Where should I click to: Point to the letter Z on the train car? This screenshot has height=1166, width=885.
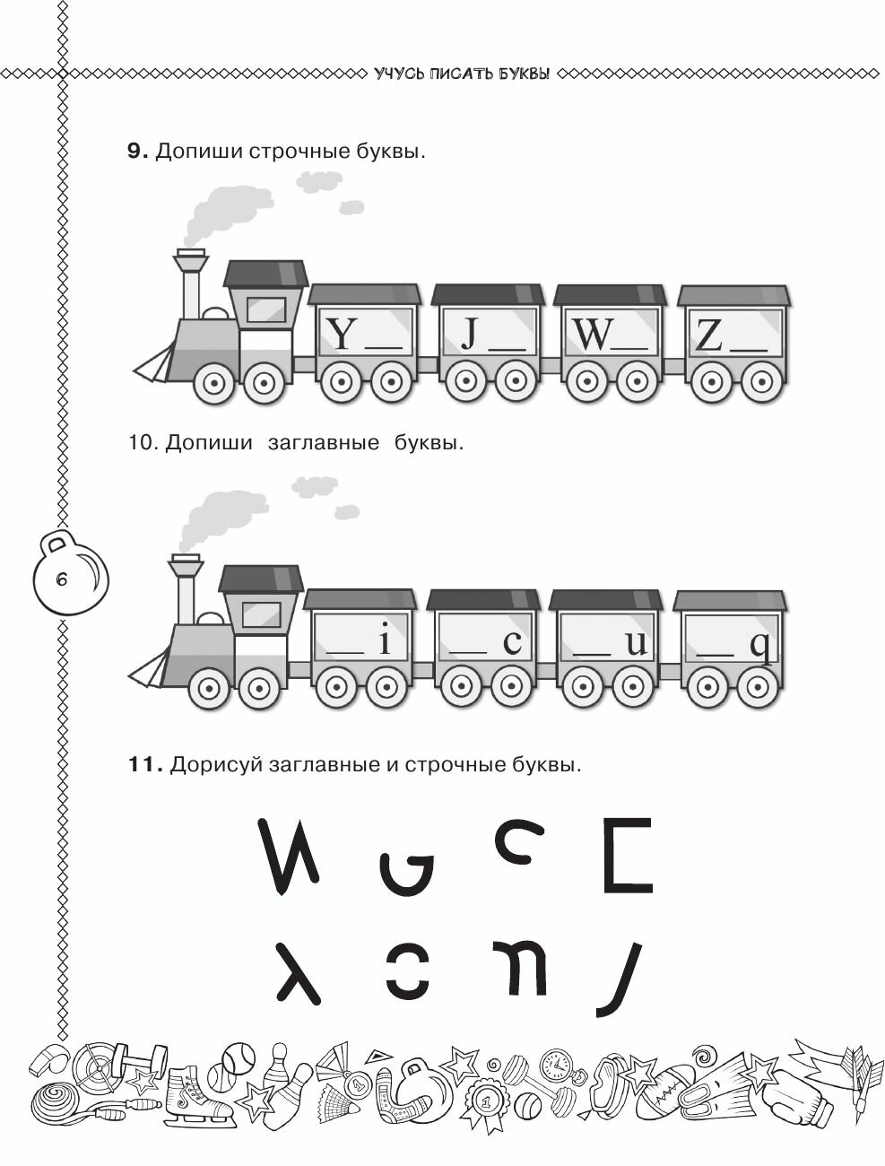[709, 335]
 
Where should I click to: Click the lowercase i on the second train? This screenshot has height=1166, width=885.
[385, 642]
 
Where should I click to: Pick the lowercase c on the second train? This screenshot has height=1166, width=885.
[511, 643]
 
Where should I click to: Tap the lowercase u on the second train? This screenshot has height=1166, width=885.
[636, 643]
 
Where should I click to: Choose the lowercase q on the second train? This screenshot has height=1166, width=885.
[760, 645]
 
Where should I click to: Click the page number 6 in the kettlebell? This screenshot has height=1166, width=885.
[61, 579]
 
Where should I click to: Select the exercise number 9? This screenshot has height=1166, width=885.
[136, 152]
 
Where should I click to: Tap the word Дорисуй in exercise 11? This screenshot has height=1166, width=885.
[212, 765]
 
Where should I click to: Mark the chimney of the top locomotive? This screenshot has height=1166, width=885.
[190, 283]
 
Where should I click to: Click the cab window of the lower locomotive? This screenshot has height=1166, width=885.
[261, 614]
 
